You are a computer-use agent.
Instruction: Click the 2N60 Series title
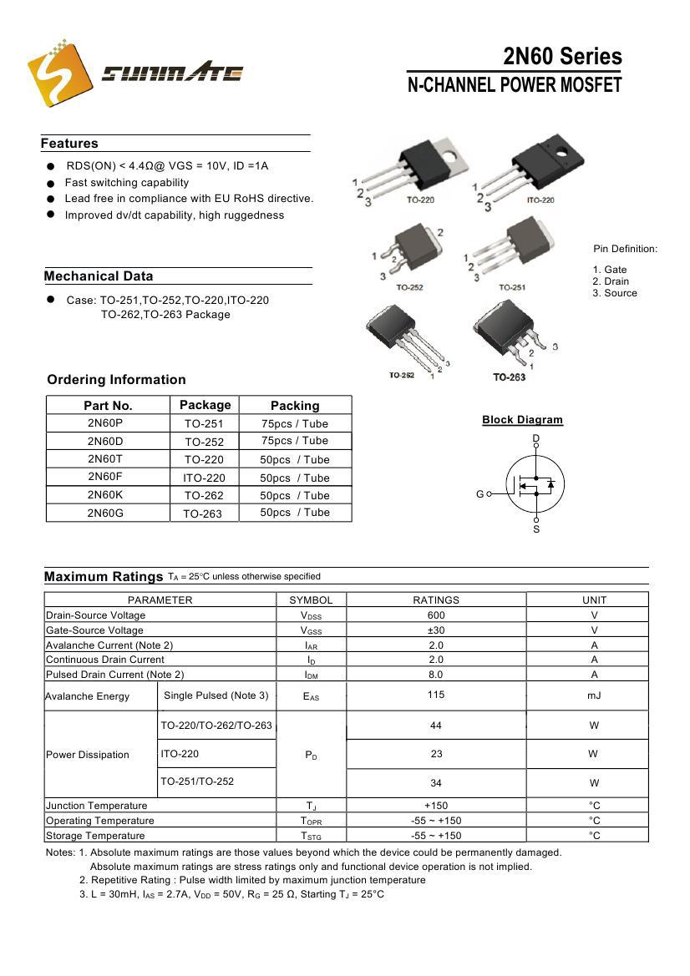[562, 57]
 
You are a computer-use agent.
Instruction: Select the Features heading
[69, 144]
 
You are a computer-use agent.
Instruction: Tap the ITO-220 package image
[533, 168]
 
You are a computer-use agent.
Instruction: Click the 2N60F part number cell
[105, 477]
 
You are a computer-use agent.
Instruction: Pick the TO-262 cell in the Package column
[204, 495]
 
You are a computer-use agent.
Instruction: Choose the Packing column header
[295, 406]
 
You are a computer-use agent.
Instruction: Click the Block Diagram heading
[522, 420]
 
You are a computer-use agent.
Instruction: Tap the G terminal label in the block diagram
[480, 494]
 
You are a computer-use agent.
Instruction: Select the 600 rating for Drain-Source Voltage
[436, 615]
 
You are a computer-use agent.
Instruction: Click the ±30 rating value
[436, 630]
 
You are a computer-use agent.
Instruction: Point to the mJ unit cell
[594, 695]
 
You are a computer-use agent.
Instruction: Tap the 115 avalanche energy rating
[436, 695]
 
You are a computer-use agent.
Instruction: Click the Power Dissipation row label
[88, 755]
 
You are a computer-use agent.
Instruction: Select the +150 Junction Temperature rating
[436, 806]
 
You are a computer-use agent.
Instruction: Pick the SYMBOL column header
[311, 600]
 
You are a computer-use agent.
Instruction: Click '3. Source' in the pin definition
[615, 293]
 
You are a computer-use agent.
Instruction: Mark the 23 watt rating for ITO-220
[436, 754]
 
